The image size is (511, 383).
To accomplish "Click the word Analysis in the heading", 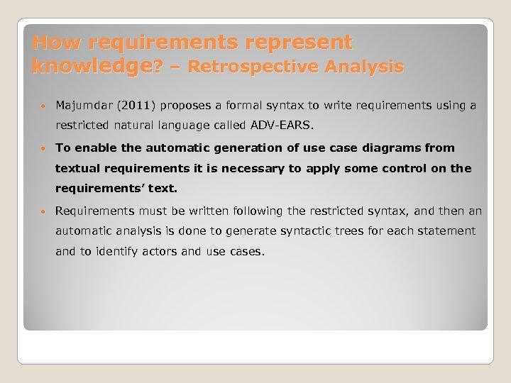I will [x=366, y=67].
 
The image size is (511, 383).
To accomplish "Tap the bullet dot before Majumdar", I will [x=45, y=106].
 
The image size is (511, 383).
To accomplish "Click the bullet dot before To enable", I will [x=45, y=148].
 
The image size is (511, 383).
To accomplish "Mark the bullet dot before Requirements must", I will [x=45, y=211].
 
